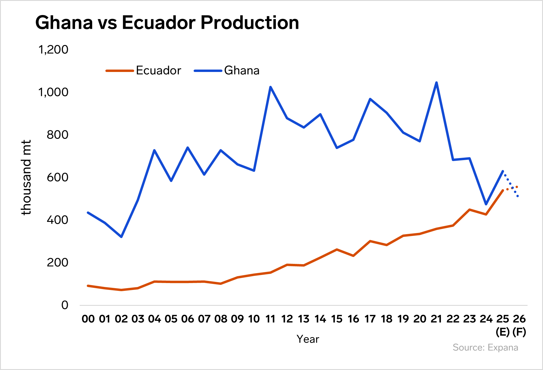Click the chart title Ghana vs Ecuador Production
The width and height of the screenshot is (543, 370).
167,22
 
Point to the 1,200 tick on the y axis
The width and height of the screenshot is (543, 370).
53,49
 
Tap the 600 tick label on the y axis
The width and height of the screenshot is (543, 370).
57,177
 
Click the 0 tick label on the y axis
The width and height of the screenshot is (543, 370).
65,305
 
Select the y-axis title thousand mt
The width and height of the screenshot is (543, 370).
26,177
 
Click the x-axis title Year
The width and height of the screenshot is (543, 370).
308,339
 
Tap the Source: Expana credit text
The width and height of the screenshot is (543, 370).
485,348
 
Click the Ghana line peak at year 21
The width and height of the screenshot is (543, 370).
436,82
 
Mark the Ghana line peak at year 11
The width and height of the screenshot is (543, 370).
270,87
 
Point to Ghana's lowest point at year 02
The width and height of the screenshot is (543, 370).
121,237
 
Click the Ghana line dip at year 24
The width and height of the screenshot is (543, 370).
486,204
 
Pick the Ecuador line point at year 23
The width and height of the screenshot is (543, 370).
469,210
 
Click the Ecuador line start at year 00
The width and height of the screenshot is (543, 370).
88,286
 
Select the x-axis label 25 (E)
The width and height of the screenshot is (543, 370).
502,325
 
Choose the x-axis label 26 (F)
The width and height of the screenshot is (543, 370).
519,325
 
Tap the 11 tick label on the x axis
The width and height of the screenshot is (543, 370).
270,319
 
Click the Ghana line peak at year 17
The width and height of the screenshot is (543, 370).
370,99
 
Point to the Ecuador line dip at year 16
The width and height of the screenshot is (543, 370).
353,256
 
